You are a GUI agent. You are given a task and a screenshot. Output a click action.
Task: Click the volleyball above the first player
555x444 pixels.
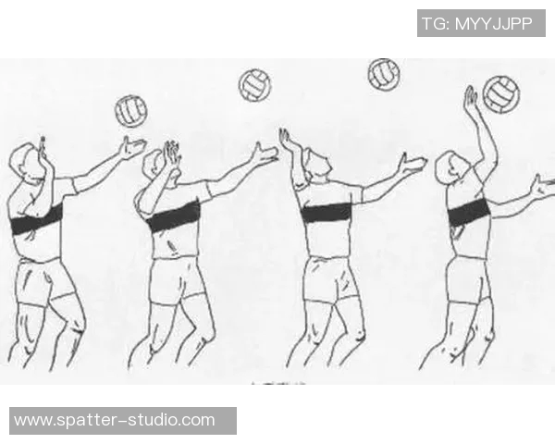[131, 111]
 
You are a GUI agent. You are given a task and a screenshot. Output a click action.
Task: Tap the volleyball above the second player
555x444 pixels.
[254, 85]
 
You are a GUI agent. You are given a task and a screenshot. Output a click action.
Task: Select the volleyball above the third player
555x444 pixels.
[384, 74]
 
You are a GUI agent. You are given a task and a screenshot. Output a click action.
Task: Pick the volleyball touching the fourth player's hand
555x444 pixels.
[501, 94]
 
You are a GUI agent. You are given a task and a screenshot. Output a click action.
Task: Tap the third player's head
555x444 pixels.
[317, 164]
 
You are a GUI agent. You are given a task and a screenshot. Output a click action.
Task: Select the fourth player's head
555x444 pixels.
[452, 167]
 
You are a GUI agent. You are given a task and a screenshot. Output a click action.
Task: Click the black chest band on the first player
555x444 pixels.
[37, 220]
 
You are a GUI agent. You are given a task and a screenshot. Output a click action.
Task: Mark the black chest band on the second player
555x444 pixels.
[174, 216]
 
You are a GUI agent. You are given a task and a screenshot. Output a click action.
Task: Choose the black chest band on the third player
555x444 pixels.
[326, 212]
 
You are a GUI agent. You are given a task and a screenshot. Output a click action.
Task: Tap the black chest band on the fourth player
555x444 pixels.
[469, 212]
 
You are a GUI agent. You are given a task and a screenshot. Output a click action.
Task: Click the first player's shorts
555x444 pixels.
[44, 282]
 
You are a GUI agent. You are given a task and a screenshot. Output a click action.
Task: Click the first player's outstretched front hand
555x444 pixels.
[132, 148]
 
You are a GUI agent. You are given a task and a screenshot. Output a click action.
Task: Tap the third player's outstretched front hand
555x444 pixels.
[412, 163]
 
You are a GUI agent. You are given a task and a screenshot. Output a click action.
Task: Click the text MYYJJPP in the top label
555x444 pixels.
[493, 24]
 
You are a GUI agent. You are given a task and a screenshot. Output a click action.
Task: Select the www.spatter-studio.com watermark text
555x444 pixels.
[115, 420]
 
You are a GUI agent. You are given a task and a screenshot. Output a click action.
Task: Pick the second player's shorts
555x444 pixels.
[177, 280]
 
